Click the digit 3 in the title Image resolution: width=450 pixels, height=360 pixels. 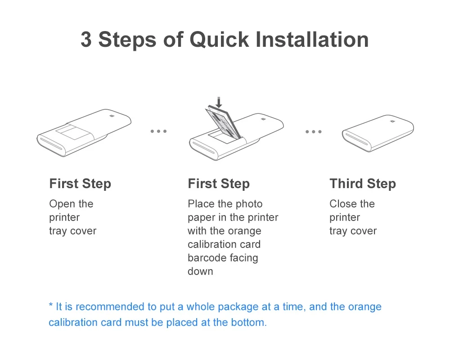coord(86,39)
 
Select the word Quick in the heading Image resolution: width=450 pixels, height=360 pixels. coord(219,39)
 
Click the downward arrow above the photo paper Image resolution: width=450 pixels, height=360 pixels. coord(219,103)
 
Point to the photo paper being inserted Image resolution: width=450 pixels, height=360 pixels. coord(223,122)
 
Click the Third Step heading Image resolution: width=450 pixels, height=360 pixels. coord(363,184)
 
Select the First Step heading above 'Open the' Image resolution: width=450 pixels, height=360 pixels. coord(80,184)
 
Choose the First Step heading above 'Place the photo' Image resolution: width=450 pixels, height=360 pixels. coord(219,184)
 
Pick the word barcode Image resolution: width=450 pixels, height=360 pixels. coord(207,258)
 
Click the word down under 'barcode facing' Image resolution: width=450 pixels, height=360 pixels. coord(200,271)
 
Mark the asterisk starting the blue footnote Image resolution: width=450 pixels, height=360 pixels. coord(51,305)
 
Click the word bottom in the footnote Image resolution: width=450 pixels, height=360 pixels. coord(249,322)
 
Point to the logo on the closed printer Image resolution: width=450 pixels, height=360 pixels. coord(392,121)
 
